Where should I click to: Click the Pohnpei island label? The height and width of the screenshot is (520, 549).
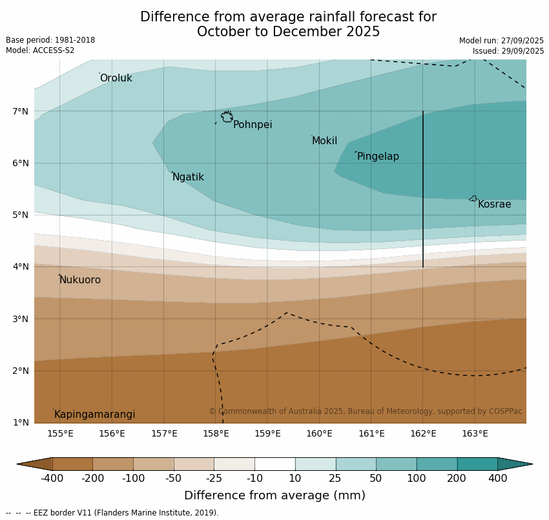253,125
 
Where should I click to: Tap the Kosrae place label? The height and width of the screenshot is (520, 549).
494,204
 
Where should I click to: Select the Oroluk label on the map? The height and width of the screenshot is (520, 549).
116,78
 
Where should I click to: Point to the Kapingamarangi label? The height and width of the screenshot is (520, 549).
94,415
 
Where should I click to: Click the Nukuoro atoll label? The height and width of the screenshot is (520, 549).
80,280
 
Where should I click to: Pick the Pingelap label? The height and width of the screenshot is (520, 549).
378,157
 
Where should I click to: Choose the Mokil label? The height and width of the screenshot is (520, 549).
324,141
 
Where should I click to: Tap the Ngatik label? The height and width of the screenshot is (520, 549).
188,177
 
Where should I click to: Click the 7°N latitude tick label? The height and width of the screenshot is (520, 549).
21,111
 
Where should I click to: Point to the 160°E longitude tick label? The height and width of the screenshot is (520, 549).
319,433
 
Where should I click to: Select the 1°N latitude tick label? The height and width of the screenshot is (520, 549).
21,423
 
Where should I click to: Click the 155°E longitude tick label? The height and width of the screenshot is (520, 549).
60,433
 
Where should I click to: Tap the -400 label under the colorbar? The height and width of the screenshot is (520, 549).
52,479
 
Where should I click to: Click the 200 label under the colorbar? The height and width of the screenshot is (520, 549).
457,479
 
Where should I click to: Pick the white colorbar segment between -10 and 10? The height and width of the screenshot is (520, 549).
274,464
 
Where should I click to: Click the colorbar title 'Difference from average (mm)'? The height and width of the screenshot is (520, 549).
274,496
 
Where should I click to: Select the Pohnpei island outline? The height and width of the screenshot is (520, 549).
227,117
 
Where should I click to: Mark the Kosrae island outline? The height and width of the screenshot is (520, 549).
473,199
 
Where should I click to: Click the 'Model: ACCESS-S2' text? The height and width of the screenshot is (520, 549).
40,50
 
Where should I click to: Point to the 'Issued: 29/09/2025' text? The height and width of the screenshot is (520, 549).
508,51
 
